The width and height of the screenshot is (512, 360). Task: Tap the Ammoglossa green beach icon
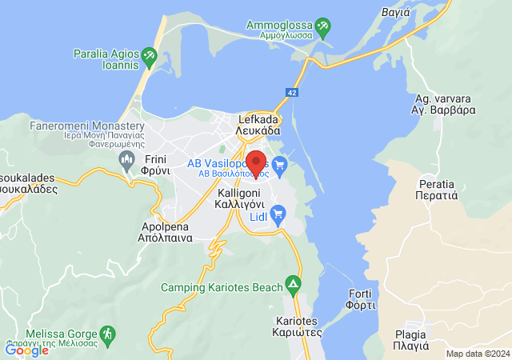coord(323,28)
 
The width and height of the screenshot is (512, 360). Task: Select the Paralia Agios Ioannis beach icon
coord(149,57)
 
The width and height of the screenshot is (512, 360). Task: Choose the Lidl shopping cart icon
coord(278,213)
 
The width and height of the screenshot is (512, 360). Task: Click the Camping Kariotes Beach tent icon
coord(294,285)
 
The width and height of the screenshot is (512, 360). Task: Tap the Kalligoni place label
coord(247,198)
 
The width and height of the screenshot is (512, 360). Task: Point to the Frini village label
coord(157,165)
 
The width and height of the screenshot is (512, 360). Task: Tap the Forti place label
coord(362,299)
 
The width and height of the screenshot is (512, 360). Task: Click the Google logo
coord(27,350)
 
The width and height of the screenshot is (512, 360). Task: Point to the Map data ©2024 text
coord(477,354)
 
